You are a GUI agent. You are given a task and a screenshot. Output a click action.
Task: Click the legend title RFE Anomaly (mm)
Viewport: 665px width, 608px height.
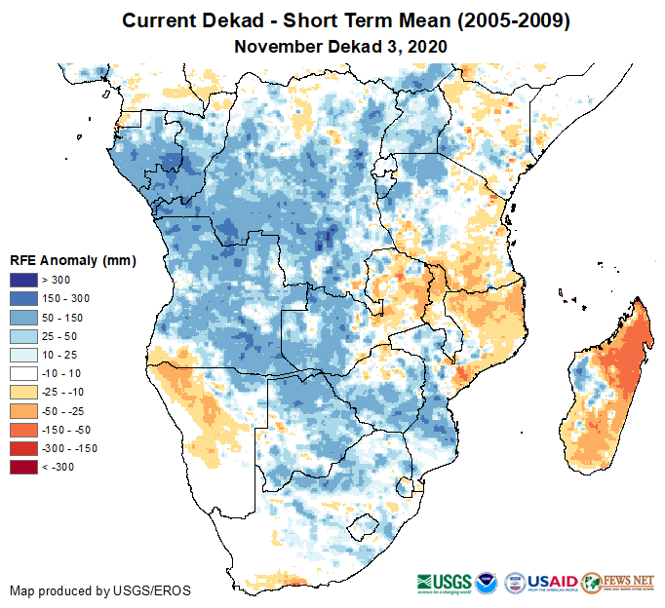(73, 260)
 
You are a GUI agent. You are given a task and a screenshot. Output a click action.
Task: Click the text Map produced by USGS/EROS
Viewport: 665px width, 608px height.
(100, 590)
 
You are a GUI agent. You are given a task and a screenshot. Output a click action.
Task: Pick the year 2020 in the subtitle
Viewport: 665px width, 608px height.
(427, 46)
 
